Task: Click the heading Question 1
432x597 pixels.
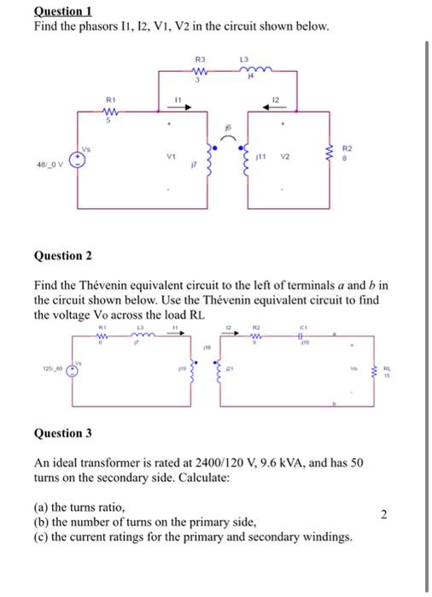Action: tap(61, 11)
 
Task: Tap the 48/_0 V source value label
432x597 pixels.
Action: tap(50, 163)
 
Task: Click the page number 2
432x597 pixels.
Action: tap(384, 513)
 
